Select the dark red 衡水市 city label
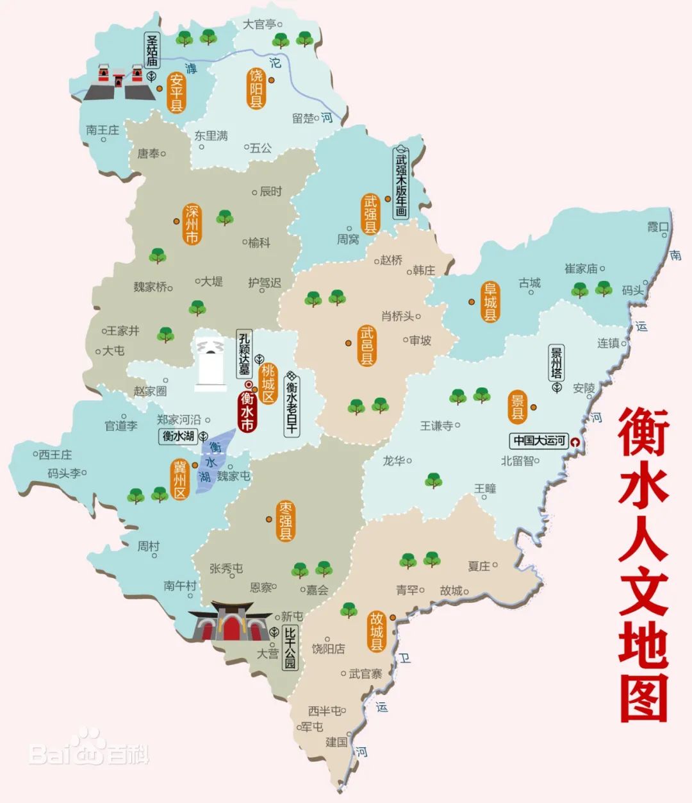[x=247, y=411]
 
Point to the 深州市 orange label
[x=192, y=224]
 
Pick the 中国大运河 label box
[x=539, y=441]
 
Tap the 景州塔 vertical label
[x=556, y=363]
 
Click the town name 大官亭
[x=259, y=24]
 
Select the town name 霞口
[x=657, y=227]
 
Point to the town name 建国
[x=336, y=742]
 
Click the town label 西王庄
[x=55, y=455]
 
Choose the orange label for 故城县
[x=376, y=631]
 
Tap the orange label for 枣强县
[x=286, y=521]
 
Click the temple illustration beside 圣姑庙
[x=119, y=82]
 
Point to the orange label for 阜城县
[x=490, y=301]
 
